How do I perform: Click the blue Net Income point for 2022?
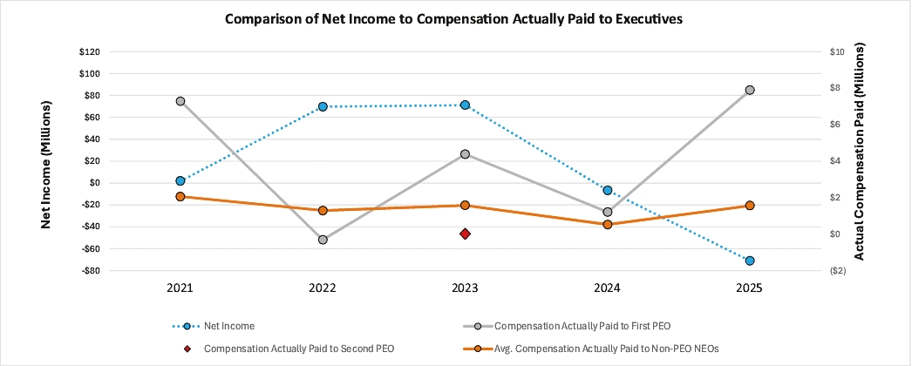coord(323,106)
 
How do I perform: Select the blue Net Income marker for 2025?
coord(750,261)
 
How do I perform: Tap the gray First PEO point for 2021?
coord(180,101)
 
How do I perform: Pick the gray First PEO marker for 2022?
coord(323,240)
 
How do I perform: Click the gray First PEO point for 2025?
coord(750,90)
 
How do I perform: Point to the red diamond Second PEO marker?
coord(465,234)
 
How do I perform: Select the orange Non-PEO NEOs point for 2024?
coord(608,224)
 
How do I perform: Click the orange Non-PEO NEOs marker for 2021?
coord(180,197)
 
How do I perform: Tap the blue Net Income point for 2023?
coord(465,105)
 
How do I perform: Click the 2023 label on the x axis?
coord(465,288)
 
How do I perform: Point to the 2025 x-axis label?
coord(750,288)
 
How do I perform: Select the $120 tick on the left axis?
coord(88,51)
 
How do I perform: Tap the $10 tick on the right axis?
coord(838,51)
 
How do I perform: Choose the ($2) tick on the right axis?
coord(838,271)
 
